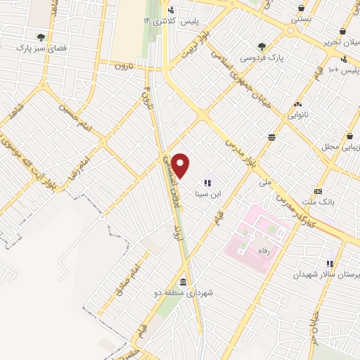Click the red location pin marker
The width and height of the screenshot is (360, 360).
[181, 165]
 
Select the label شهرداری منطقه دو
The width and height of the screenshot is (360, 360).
[184, 292]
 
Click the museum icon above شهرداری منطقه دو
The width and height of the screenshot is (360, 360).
[184, 282]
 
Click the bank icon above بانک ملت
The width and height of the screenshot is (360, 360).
[318, 191]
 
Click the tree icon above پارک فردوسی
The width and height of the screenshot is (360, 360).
[262, 46]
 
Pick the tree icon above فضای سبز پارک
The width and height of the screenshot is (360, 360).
[40, 37]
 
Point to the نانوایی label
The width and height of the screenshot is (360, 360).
[298, 115]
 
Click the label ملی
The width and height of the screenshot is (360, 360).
[264, 183]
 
